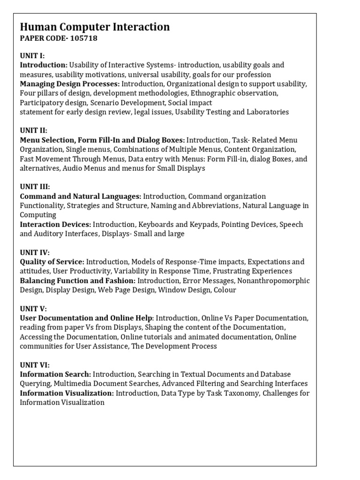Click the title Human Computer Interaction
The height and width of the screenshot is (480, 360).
95,27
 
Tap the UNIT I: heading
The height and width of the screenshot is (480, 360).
32,55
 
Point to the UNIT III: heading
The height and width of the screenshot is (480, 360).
35,187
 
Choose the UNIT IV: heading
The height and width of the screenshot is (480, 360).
34,252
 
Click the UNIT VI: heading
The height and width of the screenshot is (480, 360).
34,365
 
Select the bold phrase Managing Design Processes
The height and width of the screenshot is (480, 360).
69,83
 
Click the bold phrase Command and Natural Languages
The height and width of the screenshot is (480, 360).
80,196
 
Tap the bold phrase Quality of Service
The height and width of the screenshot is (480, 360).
52,262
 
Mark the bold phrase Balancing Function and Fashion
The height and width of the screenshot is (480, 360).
77,280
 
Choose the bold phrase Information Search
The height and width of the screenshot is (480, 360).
55,374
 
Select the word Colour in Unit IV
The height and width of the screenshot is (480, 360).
225,290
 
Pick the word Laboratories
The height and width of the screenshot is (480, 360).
266,112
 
